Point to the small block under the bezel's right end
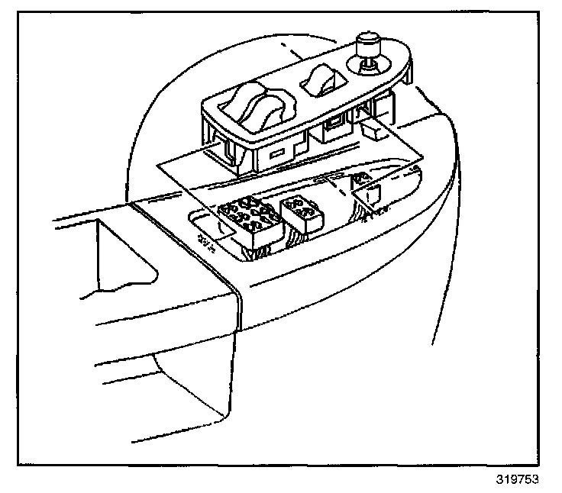(x=375, y=131)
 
